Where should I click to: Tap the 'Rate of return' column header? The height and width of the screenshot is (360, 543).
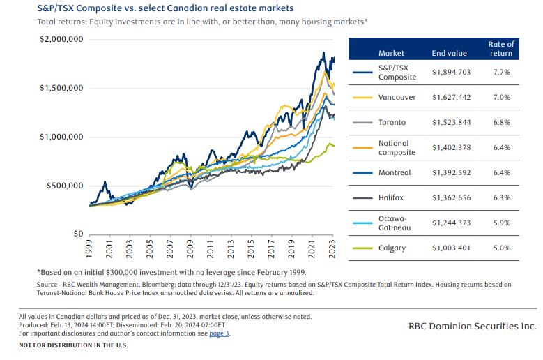point(500,49)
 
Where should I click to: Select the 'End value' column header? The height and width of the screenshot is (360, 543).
point(448,53)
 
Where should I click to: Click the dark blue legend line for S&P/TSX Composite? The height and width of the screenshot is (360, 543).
point(362,72)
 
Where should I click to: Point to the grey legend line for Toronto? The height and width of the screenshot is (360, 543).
point(362,122)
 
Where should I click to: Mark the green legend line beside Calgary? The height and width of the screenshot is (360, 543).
point(362,248)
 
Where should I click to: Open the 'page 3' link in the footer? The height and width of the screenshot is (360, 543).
point(218,333)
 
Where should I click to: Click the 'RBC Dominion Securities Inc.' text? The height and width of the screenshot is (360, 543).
point(473,326)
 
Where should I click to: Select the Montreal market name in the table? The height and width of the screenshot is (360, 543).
point(394,172)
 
